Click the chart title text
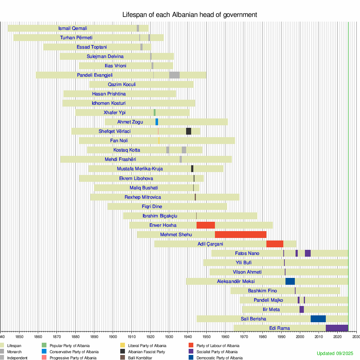(x=190, y=15)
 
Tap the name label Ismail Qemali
(x=72, y=28)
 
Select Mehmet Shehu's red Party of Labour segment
(x=240, y=234)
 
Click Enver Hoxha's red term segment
(x=206, y=225)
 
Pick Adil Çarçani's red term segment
(x=275, y=244)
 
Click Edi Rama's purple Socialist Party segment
(x=337, y=328)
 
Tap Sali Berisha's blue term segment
(x=318, y=319)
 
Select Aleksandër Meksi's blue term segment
(x=290, y=281)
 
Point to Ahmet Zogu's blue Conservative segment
(x=157, y=122)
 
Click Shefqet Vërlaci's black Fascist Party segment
(x=189, y=131)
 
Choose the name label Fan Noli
(x=119, y=141)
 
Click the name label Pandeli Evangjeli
(x=95, y=75)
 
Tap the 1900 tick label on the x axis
(x=113, y=337)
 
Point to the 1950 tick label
(x=206, y=337)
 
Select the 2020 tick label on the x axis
(x=337, y=337)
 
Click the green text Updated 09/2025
(x=335, y=353)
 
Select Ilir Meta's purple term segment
(x=302, y=309)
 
